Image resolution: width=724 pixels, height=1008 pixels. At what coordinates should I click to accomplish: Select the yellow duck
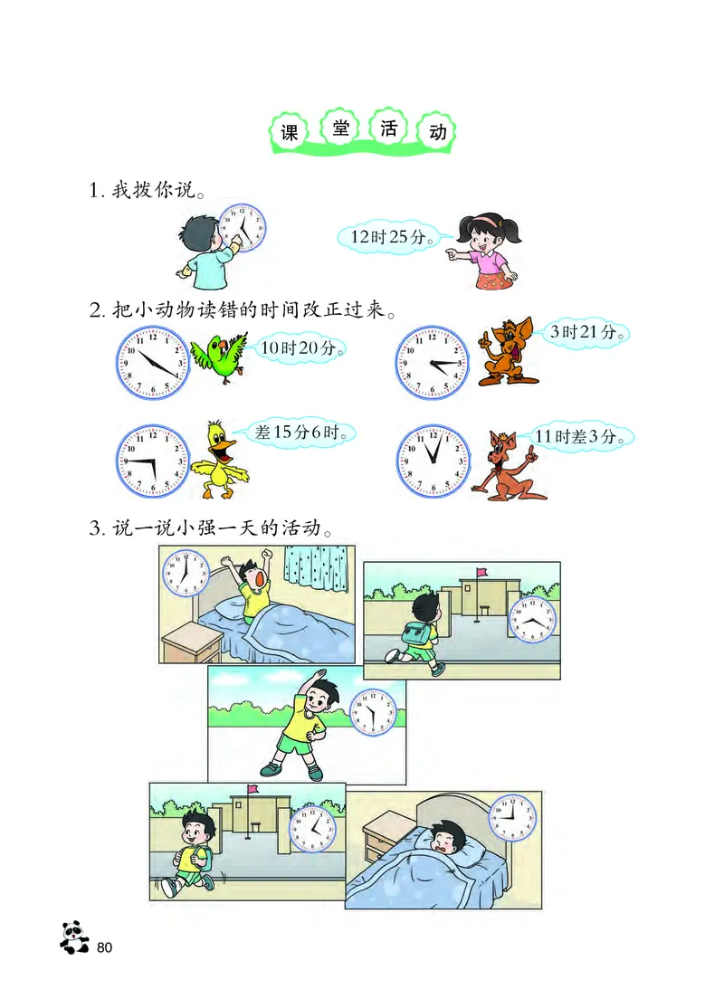coord(220,459)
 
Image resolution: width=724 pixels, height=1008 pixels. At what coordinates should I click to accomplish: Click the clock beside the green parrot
coord(153,360)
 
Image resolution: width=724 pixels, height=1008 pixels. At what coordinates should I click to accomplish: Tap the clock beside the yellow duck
coord(153,461)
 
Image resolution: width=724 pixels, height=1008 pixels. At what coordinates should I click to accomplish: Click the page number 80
coord(104,947)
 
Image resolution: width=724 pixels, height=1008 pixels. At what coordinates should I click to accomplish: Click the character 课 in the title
coord(289,133)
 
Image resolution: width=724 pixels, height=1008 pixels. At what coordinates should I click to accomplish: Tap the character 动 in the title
coord(438,132)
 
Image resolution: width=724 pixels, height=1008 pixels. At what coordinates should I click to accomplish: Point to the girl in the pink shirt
coord(486,249)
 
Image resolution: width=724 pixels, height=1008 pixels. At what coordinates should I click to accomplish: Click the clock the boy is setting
coord(243,226)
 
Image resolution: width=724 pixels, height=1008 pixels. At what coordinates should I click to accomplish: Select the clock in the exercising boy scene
coord(373,713)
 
